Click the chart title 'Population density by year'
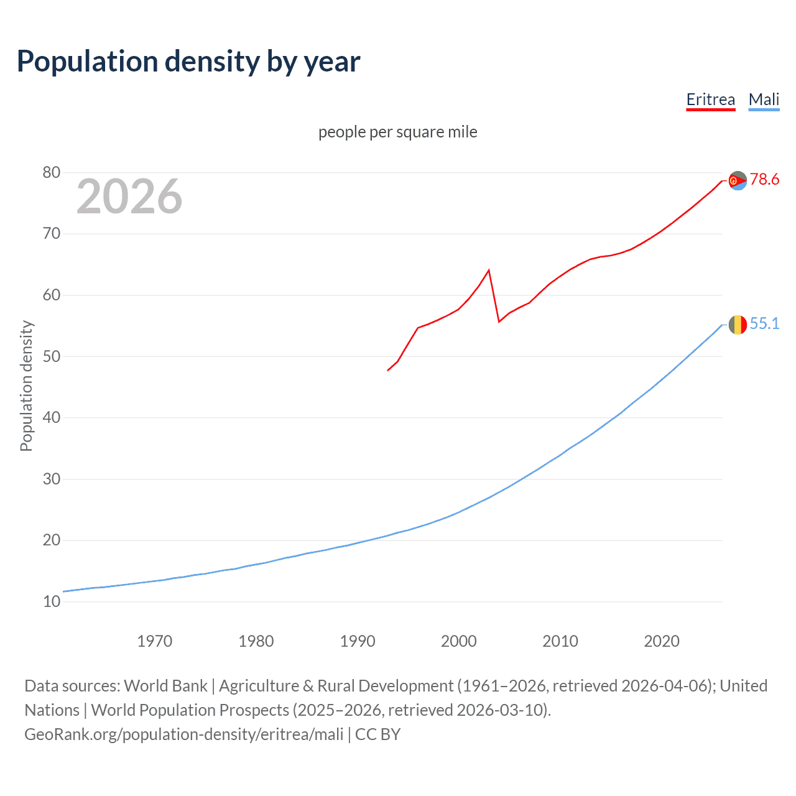pyautogui.click(x=188, y=62)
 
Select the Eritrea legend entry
pyautogui.click(x=710, y=99)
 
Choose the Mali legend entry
pyautogui.click(x=764, y=99)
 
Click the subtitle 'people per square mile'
pyautogui.click(x=398, y=132)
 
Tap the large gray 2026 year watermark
pyautogui.click(x=129, y=197)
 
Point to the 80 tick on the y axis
pyautogui.click(x=52, y=172)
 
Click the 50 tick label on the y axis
pyautogui.click(x=52, y=356)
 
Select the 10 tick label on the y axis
pyautogui.click(x=52, y=601)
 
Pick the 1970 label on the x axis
pyautogui.click(x=155, y=641)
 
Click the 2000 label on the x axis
pyautogui.click(x=459, y=641)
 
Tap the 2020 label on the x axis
pyautogui.click(x=662, y=641)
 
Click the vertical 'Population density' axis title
pyautogui.click(x=26, y=386)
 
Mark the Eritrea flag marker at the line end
pyautogui.click(x=738, y=180)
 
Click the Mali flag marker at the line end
pyautogui.click(x=738, y=325)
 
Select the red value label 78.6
pyautogui.click(x=764, y=180)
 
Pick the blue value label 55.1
pyautogui.click(x=764, y=323)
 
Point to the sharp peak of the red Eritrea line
pyautogui.click(x=489, y=270)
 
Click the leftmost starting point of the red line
pyautogui.click(x=388, y=371)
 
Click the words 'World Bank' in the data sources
pyautogui.click(x=165, y=685)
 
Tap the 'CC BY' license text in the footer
pyautogui.click(x=377, y=734)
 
